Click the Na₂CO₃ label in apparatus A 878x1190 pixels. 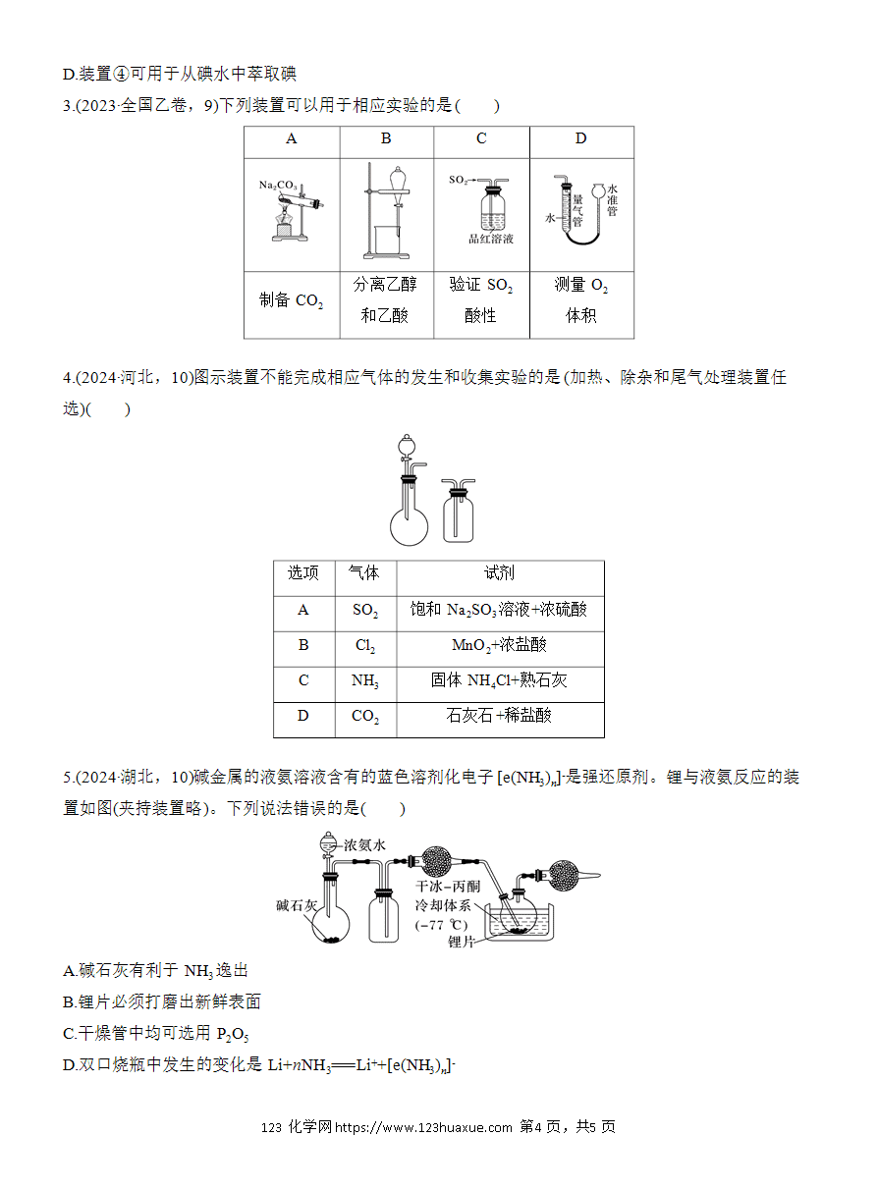278,186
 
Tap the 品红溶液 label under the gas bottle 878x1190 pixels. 490,239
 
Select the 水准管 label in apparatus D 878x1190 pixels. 612,200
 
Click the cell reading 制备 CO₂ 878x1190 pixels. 292,300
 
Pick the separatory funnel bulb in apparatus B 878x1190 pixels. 397,178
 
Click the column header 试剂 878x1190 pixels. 499,572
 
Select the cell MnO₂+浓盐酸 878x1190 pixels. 499,645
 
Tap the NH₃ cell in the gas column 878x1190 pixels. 365,680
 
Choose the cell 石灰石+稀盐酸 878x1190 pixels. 499,716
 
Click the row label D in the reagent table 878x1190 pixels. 303,716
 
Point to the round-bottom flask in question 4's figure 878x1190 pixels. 409,526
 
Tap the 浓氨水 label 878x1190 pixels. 364,845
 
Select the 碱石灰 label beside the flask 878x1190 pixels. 297,905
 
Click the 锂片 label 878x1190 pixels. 461,942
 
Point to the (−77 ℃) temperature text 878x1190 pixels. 441,925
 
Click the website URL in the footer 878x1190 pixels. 423,1127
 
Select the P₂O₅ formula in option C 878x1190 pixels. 232,1034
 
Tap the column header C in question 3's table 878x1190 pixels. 481,138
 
